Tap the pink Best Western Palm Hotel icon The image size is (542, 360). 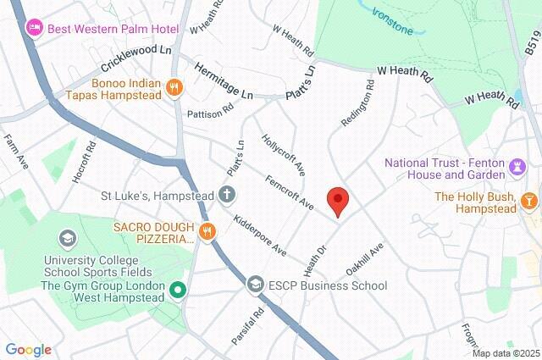click(x=34, y=27)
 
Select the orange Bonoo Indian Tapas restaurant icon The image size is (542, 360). click(x=174, y=86)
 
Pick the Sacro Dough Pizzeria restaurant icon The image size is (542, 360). click(x=207, y=230)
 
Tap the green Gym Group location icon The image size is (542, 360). click(x=177, y=292)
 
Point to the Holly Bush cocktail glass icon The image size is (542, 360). click(x=528, y=201)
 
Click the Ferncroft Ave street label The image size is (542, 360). click(x=289, y=194)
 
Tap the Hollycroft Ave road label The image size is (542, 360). click(x=283, y=149)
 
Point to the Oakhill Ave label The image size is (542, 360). click(x=365, y=259)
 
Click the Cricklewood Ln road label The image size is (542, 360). click(x=136, y=58)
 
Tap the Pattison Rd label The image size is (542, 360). click(x=211, y=110)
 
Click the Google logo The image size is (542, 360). click(x=28, y=350)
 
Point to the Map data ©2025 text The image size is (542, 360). click(x=506, y=353)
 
